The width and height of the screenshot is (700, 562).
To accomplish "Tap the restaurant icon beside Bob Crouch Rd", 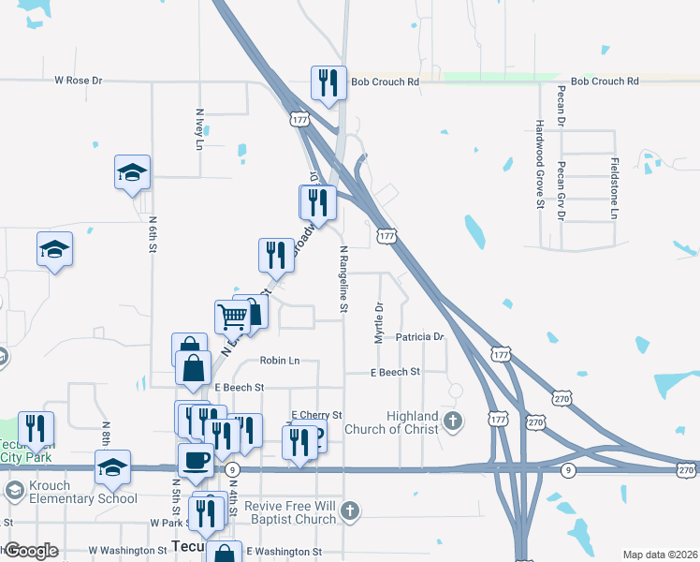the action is pos(328,82).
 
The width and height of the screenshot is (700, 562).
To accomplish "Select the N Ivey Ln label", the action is pos(199,126).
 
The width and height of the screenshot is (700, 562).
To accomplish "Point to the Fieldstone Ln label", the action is pos(614,188).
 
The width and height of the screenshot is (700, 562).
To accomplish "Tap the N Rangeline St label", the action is pos(344,279).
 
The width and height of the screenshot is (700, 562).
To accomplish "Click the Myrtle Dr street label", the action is pos(379,322).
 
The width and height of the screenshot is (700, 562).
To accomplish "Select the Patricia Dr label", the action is pos(419,336).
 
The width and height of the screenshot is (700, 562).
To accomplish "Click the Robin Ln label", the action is pos(280,360).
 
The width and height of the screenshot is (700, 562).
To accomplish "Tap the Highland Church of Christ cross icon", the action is pos(453,421).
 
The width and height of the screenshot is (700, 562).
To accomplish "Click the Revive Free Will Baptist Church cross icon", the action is pos(350,511).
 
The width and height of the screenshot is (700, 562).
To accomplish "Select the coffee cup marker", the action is pos(196,460).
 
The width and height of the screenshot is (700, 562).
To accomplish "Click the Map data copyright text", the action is pos(660,555).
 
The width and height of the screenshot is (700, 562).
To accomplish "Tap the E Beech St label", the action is pos(240,387).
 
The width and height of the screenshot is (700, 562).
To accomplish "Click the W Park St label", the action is pos(170,523).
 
